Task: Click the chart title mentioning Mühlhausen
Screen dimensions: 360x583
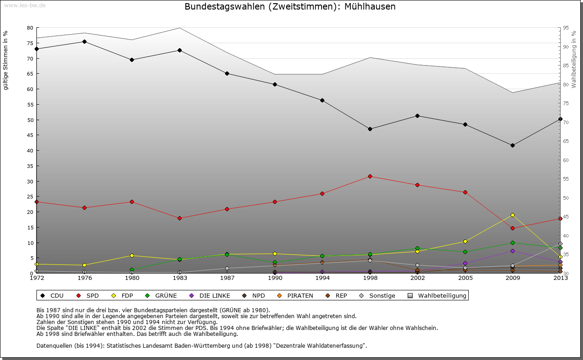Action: point(290,7)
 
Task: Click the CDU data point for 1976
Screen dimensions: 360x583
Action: point(84,41)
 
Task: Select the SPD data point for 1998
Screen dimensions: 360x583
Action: point(370,176)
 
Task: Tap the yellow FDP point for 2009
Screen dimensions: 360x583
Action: point(512,215)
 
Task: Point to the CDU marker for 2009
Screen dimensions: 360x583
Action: point(512,145)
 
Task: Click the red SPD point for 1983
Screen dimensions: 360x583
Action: point(179,218)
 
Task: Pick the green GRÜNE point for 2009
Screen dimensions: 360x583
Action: point(512,243)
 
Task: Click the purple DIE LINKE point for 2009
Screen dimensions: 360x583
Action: point(512,251)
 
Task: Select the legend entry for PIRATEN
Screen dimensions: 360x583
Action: point(296,295)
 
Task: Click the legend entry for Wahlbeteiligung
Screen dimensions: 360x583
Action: point(438,295)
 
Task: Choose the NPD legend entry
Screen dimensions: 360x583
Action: point(254,295)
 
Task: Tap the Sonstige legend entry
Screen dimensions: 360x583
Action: point(378,295)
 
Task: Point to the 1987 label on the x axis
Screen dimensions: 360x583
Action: point(227,278)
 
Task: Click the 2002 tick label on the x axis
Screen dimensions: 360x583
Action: point(417,278)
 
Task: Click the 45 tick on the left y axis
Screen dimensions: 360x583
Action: point(30,135)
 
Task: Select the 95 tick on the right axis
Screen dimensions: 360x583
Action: point(566,28)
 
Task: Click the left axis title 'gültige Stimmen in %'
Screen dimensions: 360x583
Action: point(5,60)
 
